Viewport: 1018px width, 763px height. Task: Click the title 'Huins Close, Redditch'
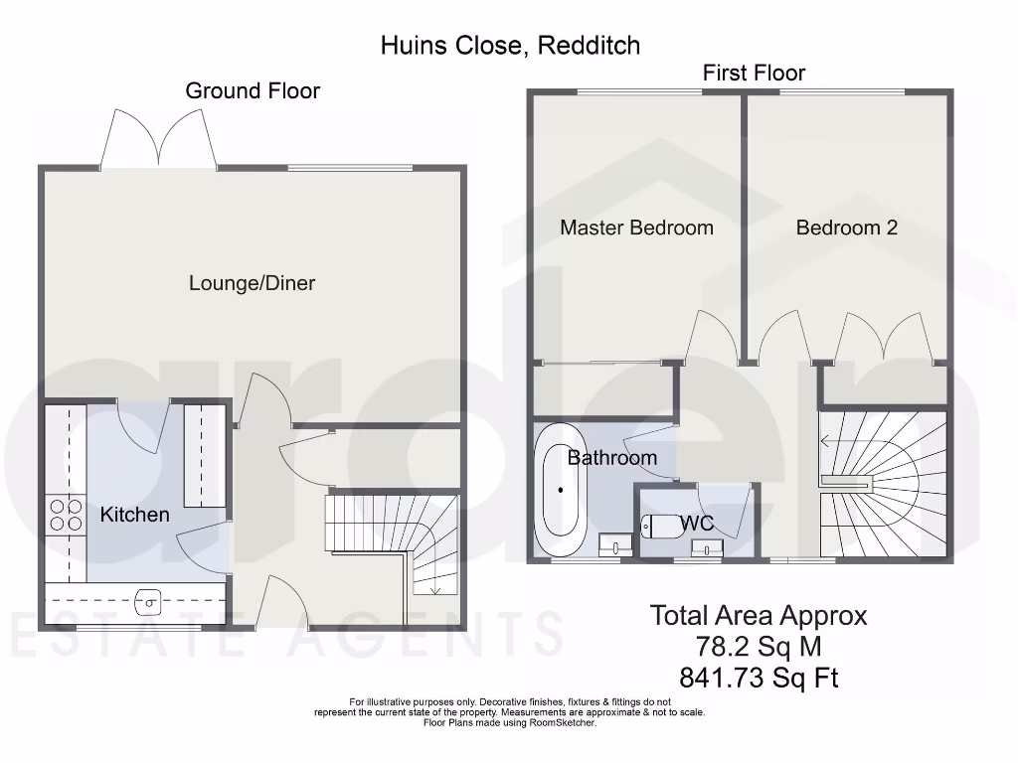point(510,45)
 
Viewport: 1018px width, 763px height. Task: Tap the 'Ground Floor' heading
point(253,91)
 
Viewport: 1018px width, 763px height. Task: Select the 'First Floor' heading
point(754,73)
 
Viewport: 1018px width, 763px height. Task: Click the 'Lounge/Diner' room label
point(252,283)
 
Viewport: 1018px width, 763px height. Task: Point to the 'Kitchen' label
point(134,515)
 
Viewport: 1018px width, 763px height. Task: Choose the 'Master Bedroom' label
point(636,228)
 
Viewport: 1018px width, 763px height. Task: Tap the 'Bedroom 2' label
point(846,228)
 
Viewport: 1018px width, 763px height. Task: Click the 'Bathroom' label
point(611,458)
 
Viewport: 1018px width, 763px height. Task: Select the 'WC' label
point(699,523)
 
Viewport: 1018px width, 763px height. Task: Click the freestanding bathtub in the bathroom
point(561,490)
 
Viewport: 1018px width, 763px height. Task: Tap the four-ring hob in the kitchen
point(66,515)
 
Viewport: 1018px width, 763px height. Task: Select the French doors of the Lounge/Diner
point(159,138)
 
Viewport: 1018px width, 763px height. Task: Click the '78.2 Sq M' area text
point(758,647)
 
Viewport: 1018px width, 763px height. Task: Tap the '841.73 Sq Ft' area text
point(758,678)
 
